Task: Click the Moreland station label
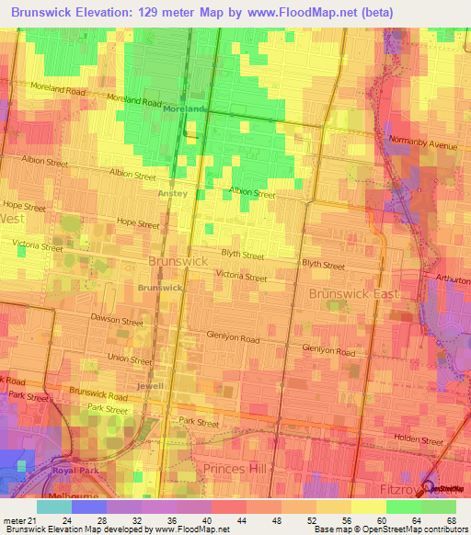[182, 108]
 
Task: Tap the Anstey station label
[172, 193]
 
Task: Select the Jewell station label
[150, 386]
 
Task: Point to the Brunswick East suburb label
[350, 294]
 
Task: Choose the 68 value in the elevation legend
[451, 519]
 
